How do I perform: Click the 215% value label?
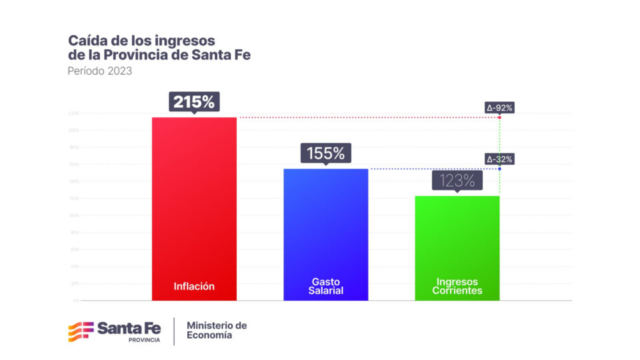point(194,102)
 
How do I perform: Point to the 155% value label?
point(325,153)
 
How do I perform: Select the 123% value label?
point(457,180)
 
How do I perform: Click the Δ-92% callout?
point(499,107)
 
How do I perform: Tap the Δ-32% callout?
point(499,159)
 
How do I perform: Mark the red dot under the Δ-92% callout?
point(499,117)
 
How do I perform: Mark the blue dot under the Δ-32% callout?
point(499,169)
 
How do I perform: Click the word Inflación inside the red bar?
point(194,286)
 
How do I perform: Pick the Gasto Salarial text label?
point(326,286)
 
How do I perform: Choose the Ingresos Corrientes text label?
point(457,286)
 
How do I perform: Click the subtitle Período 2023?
point(99,71)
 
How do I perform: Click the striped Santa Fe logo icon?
point(80,331)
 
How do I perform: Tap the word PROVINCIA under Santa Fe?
point(144,340)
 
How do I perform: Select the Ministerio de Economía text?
point(217,330)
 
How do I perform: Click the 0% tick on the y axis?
point(76,301)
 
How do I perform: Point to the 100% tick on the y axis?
point(74,215)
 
